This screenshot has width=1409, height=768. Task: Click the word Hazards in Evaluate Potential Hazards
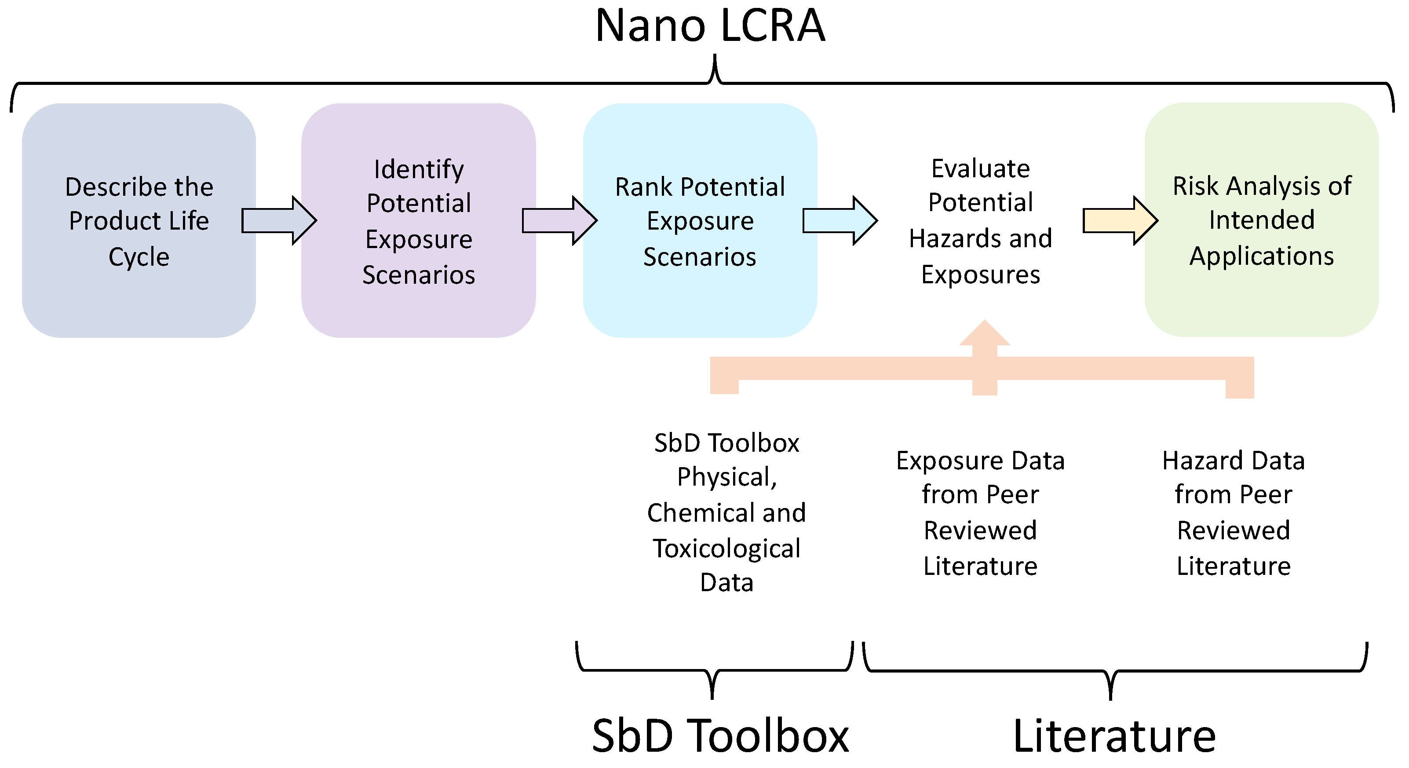click(949, 238)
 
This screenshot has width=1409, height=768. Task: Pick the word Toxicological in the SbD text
click(726, 549)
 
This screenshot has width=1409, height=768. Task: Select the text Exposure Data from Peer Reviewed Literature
click(980, 513)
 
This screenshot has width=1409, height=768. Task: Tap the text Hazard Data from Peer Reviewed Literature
click(1234, 513)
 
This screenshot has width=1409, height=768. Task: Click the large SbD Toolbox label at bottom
click(720, 736)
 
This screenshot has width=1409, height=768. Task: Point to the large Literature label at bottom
click(1114, 736)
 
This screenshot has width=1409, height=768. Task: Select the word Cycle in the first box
click(139, 256)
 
